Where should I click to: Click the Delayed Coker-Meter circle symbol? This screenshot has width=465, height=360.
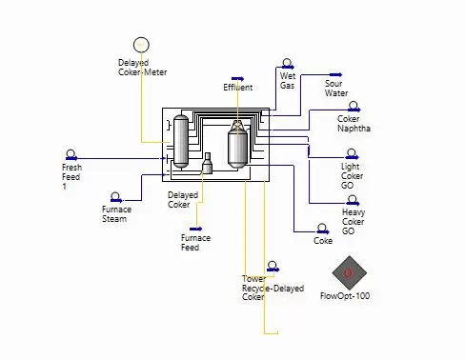click(141, 45)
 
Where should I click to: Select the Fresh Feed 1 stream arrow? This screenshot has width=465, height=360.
click(71, 158)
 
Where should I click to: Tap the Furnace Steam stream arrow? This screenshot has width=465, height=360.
click(116, 200)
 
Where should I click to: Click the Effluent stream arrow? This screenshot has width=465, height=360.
click(237, 79)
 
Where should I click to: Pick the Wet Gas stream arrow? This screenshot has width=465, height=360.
click(288, 67)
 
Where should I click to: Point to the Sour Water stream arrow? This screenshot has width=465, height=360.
click(335, 75)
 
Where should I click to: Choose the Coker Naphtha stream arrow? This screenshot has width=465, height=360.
click(354, 110)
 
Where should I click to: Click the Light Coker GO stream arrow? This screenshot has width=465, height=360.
click(353, 157)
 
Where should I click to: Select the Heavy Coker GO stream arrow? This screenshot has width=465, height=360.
click(354, 204)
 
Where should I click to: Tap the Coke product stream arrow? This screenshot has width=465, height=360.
click(323, 232)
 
